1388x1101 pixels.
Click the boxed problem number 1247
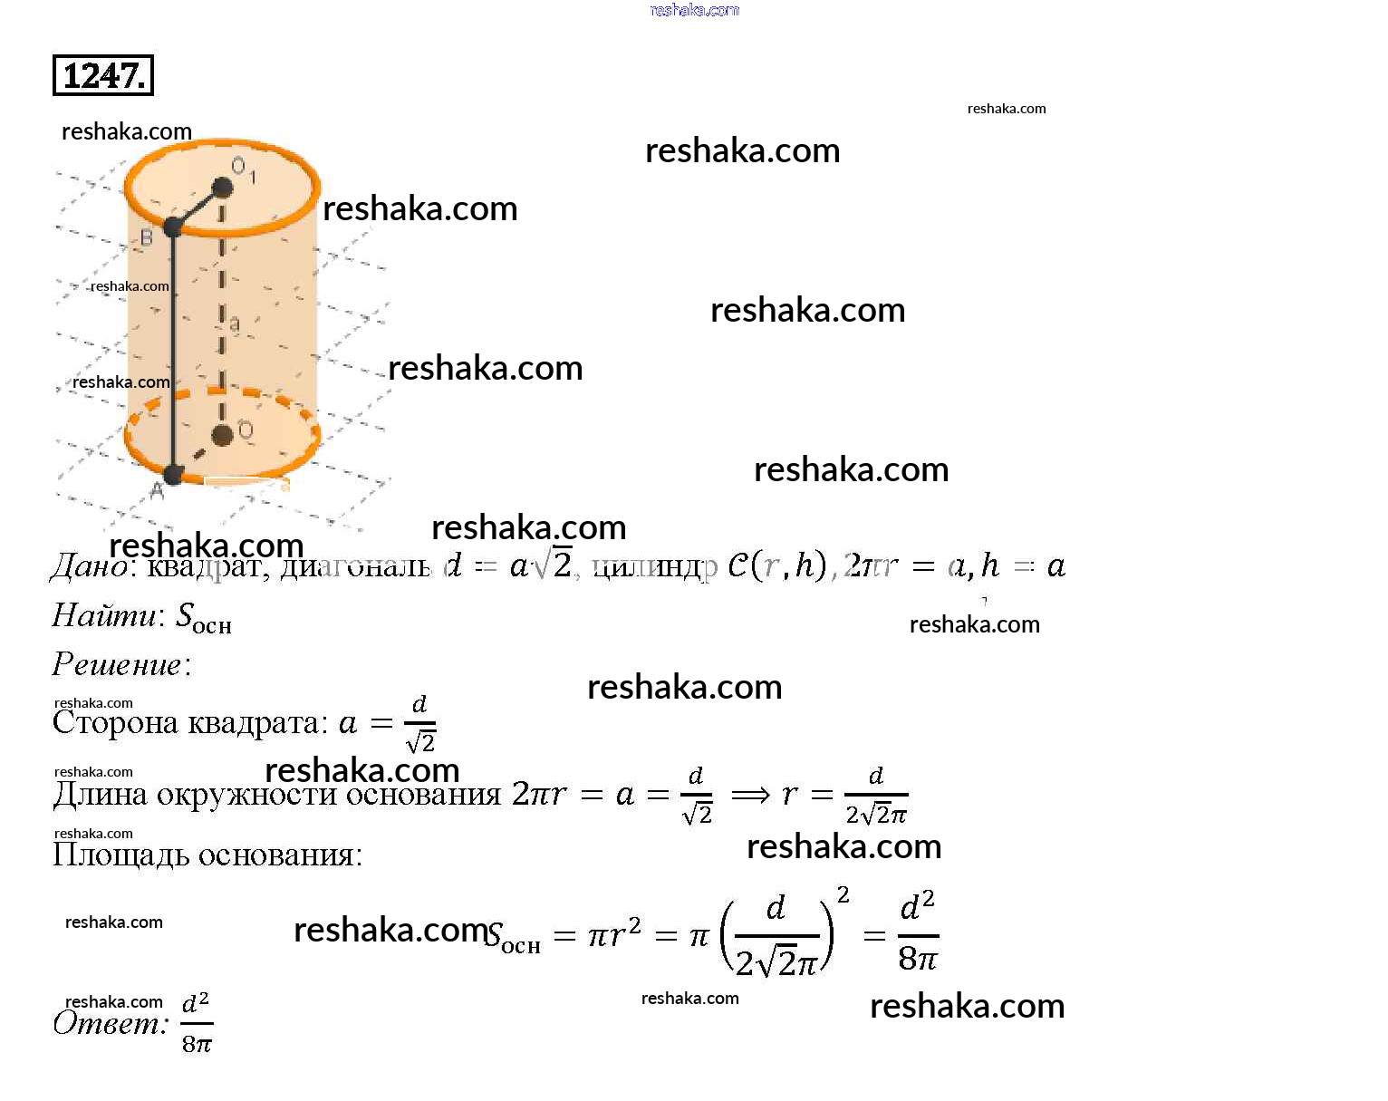[x=103, y=75]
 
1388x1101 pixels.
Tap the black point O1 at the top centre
[x=222, y=188]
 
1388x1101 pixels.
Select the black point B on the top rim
[x=173, y=227]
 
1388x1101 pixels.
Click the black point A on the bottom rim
[x=173, y=473]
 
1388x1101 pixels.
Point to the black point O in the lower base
[x=222, y=436]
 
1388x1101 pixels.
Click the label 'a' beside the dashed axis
[x=235, y=324]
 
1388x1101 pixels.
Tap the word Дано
[x=89, y=566]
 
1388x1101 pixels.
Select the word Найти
[x=104, y=615]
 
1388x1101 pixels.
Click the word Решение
[x=117, y=664]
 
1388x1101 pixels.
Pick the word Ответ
[x=110, y=1023]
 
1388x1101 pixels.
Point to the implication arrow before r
[x=750, y=795]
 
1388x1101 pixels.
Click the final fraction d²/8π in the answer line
[x=197, y=1023]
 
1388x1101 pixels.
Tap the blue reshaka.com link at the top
[x=695, y=10]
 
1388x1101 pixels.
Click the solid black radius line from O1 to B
[x=198, y=207]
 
